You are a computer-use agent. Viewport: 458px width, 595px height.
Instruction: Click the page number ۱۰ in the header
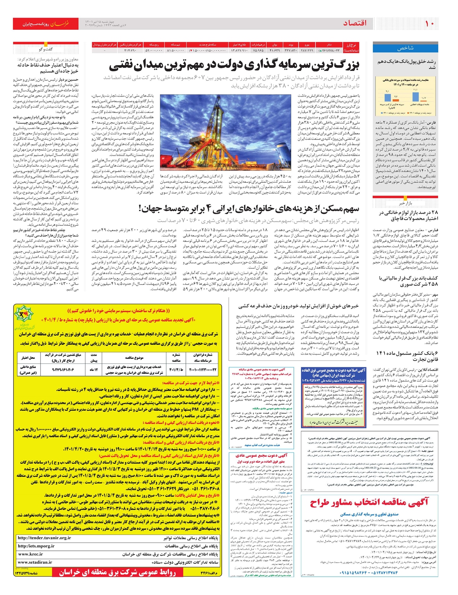point(430,23)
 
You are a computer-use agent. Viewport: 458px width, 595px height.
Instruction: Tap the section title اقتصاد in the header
point(355,23)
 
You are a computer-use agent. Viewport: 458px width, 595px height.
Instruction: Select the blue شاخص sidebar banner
point(405,48)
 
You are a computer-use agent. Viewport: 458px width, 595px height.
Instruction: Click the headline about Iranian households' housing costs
point(248,209)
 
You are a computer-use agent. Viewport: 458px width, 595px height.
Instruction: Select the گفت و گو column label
point(46,49)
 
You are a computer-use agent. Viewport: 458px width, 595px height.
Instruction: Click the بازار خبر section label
point(405,203)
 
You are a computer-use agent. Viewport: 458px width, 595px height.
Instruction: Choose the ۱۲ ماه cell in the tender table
point(94,370)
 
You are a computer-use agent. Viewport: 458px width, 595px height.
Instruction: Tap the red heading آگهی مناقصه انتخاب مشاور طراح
point(369,502)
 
